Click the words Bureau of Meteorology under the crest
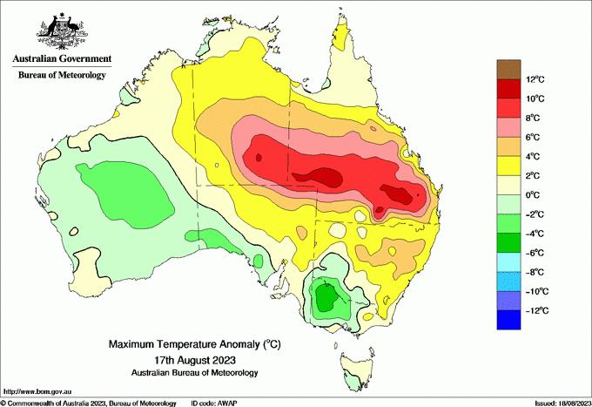(62, 75)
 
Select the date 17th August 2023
(195, 359)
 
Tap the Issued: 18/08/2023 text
(557, 402)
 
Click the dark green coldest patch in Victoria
(327, 297)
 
